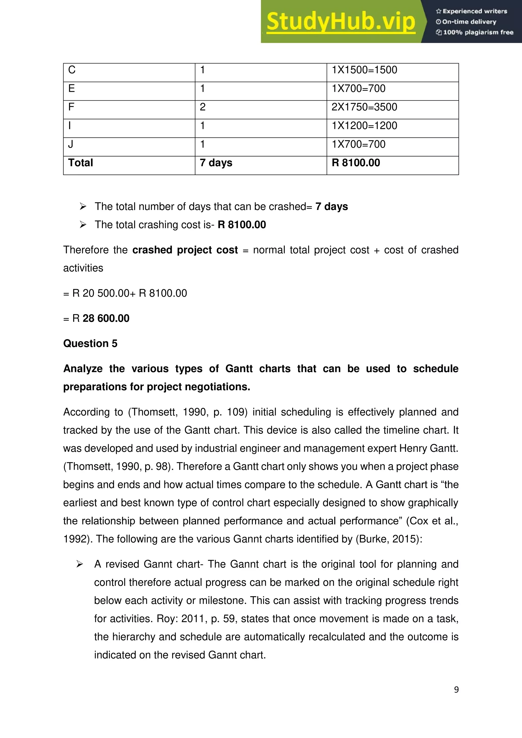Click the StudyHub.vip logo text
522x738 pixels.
tap(341, 22)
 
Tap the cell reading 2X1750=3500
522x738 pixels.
tap(364, 107)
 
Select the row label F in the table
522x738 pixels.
tap(71, 107)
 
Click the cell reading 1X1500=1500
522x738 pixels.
tap(364, 70)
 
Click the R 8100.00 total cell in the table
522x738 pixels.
tap(356, 163)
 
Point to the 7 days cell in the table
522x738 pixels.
tap(216, 163)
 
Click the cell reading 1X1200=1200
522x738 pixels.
tap(364, 126)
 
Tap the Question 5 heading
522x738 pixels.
tap(90, 343)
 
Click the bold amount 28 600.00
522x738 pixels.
tap(106, 318)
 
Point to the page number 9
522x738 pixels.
tap(456, 690)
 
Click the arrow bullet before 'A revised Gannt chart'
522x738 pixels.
tap(80, 564)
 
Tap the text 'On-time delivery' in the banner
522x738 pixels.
tap(469, 22)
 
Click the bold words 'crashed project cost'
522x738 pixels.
tap(185, 250)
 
